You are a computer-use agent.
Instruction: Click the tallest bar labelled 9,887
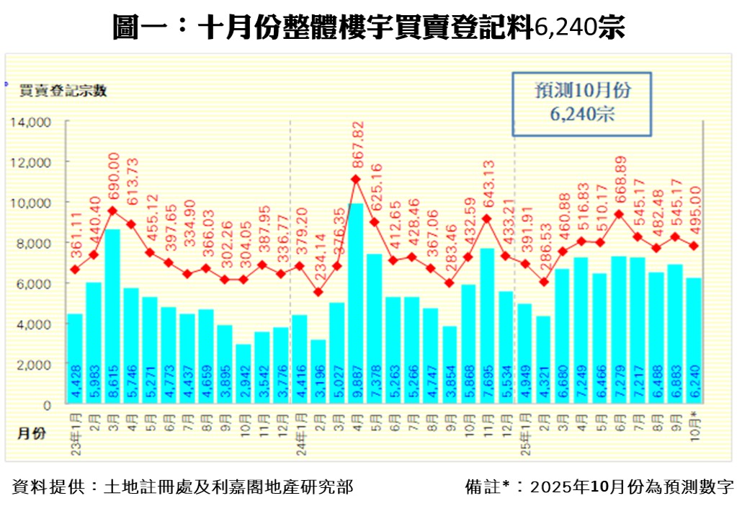click(356, 303)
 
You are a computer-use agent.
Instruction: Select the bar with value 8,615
click(112, 317)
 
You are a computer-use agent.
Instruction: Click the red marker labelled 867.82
click(356, 179)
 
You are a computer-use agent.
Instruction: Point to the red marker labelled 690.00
click(112, 211)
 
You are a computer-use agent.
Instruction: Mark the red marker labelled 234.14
click(318, 292)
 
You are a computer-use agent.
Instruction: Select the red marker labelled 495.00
click(694, 246)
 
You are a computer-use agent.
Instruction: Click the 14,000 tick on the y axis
click(30, 123)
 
